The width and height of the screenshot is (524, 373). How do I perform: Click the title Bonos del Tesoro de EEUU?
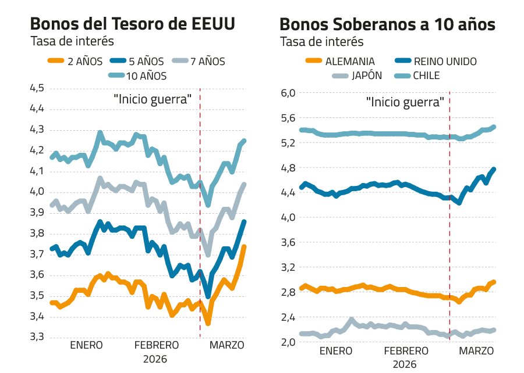[133, 25]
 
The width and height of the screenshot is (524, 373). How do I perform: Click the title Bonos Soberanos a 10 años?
[387, 25]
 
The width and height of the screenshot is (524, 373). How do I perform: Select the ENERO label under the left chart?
[86, 345]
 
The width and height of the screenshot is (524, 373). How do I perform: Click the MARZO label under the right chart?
[476, 352]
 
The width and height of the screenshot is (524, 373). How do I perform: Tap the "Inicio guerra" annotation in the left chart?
[153, 99]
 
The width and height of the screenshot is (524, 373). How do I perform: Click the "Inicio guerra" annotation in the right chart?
[405, 102]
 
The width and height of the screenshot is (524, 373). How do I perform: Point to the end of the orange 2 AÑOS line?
[244, 246]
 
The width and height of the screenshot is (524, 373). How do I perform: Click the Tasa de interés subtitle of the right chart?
[321, 42]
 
